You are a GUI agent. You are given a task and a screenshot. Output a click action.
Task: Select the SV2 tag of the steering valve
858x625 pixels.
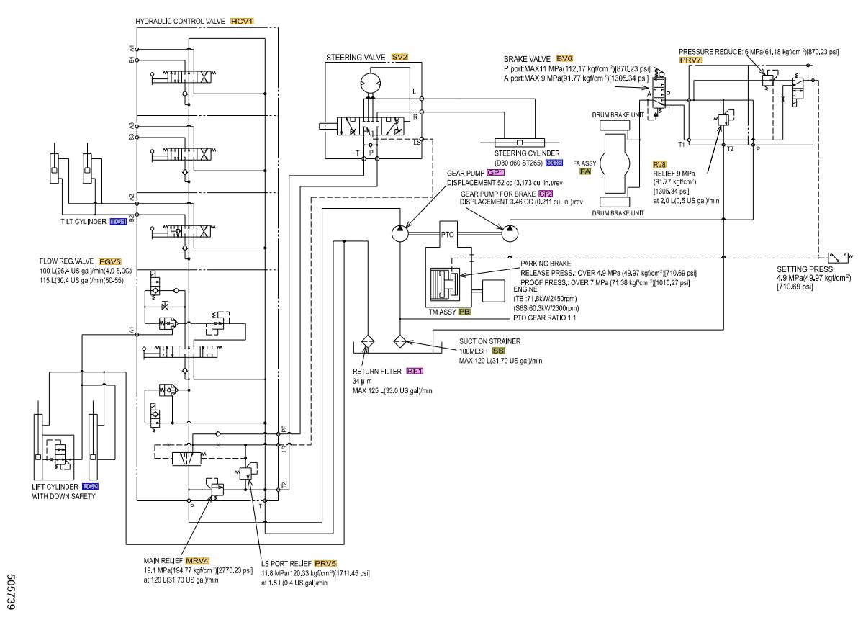399,56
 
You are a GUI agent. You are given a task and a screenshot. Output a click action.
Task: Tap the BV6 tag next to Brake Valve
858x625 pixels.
564,58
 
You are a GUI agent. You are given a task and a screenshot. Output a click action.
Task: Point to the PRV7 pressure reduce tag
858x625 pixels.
690,61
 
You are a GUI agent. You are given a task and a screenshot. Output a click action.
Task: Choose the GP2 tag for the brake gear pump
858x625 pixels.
546,194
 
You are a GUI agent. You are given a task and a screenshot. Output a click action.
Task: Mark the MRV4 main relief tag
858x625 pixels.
197,559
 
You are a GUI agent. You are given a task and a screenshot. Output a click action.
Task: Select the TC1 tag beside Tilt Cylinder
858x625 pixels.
118,222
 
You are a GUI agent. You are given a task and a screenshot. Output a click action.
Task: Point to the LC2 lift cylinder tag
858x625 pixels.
90,486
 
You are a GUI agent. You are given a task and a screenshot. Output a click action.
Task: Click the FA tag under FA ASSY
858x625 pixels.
585,172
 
